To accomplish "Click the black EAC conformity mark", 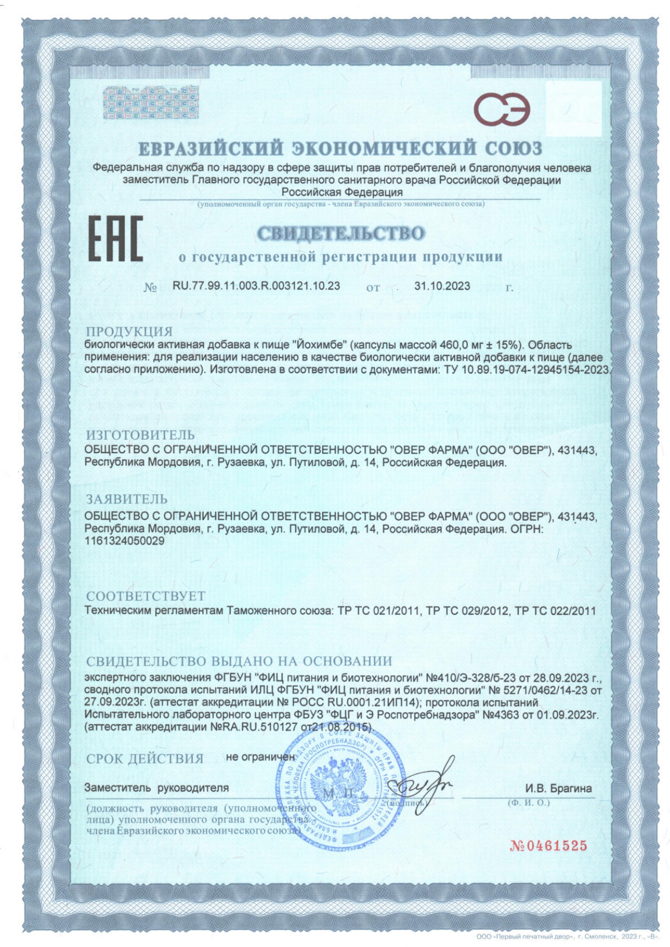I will [115, 239].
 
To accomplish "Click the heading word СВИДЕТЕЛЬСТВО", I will [340, 233].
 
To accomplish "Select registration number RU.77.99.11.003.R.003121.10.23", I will [256, 286].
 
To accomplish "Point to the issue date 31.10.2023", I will [442, 286].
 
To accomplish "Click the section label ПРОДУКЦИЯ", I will [129, 331].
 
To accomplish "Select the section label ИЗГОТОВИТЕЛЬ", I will [140, 435].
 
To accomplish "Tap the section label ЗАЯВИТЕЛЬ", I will [126, 498].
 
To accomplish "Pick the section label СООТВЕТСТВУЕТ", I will [146, 596].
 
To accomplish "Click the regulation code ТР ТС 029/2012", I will [467, 611].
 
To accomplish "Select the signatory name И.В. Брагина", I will [558, 788].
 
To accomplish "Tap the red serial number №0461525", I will [548, 846].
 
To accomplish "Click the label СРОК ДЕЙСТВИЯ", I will [145, 758].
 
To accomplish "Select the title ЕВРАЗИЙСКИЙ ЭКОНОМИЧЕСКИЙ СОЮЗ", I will [340, 148].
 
